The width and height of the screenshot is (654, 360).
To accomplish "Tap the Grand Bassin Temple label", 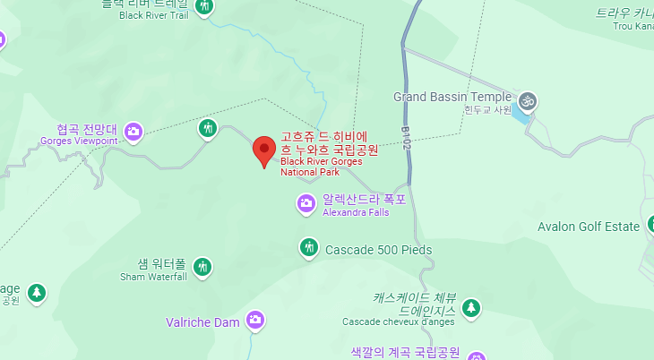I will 452,97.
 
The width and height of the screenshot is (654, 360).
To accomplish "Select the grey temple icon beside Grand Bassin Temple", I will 528,100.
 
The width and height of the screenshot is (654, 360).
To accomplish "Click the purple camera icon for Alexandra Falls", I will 306,204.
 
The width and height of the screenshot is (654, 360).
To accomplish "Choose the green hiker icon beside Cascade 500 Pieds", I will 309,247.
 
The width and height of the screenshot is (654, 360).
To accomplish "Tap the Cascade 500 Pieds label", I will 378,250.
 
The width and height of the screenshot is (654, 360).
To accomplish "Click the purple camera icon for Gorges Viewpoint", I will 133,132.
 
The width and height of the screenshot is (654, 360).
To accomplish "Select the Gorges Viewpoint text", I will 79,141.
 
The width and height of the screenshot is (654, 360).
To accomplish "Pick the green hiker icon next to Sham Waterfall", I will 203,266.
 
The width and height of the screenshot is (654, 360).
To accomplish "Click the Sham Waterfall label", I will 153,277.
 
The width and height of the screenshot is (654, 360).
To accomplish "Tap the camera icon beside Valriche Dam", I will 255,320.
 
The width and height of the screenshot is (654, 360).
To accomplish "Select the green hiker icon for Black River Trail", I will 205,7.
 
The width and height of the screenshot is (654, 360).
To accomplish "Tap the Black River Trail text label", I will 153,15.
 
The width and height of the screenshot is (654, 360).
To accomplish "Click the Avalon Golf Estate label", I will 589,227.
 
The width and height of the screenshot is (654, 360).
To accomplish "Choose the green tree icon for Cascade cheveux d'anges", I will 471,309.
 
